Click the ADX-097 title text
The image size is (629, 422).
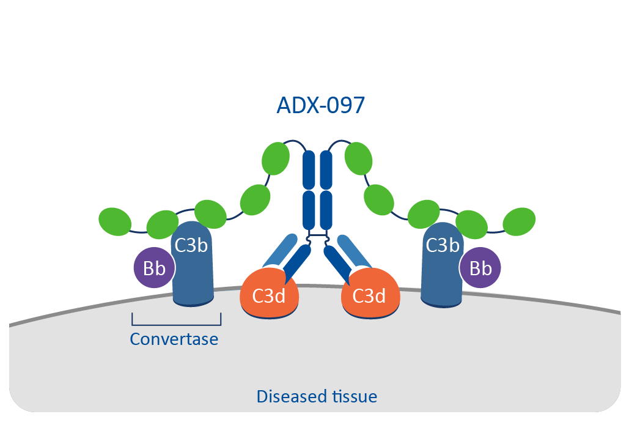click(320, 105)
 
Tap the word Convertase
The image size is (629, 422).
click(174, 339)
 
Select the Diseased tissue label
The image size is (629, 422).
click(317, 397)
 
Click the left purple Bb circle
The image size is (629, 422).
click(155, 267)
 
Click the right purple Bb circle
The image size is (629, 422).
click(480, 267)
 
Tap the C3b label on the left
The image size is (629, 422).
click(191, 245)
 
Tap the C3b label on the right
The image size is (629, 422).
click(443, 245)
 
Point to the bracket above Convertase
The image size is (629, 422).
click(177, 324)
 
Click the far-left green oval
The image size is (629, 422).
click(115, 221)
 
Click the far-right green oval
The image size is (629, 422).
click(519, 221)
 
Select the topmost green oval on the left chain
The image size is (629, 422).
click(276, 158)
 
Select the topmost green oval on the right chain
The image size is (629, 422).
click(359, 158)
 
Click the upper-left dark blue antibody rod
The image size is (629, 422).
click(309, 170)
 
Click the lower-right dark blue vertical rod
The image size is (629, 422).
click(326, 210)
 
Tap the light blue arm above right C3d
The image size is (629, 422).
click(354, 251)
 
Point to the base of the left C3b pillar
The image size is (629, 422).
click(193, 300)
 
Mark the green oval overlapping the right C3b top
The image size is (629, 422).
click(424, 214)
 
